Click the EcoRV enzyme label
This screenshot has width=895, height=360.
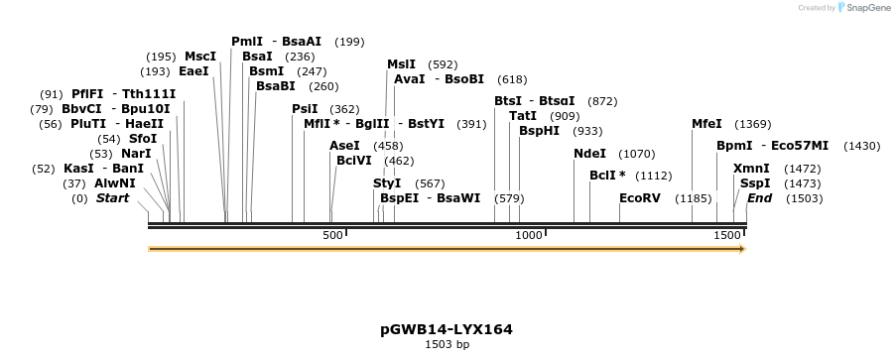(x=639, y=198)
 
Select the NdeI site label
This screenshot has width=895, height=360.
(x=589, y=154)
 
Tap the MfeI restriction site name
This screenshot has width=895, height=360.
(x=706, y=124)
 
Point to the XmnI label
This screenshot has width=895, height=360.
(x=751, y=169)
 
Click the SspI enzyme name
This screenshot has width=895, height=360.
(x=754, y=183)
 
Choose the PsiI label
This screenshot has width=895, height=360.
(x=305, y=109)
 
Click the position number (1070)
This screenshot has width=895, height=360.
(x=637, y=154)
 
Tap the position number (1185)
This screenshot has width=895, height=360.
(x=694, y=198)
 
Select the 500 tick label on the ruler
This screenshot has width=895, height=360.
(x=331, y=235)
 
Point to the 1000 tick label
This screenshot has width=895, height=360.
(x=529, y=235)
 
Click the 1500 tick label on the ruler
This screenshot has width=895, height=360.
(x=726, y=235)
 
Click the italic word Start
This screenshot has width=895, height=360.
(x=112, y=198)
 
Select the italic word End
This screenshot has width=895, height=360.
(x=759, y=198)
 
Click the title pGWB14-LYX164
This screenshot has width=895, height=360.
(x=447, y=328)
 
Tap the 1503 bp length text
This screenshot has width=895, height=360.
(x=447, y=344)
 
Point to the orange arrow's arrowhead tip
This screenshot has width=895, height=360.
(x=744, y=248)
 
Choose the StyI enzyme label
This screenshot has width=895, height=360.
(x=387, y=183)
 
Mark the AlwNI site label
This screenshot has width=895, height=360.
(x=115, y=183)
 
